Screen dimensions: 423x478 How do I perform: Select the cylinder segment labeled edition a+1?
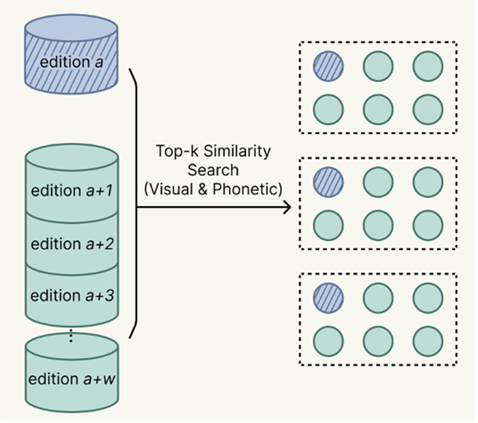[71, 190]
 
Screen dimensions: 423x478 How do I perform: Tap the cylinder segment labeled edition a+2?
[71, 244]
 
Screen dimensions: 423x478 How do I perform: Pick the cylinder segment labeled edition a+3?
[71, 296]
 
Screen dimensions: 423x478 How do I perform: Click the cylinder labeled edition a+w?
[71, 378]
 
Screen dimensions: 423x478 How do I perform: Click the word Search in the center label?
[213, 171]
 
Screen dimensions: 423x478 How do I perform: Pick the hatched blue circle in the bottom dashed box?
[328, 298]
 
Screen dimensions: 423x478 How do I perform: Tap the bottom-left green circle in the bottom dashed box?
[328, 341]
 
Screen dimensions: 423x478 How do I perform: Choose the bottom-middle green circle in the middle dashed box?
[378, 226]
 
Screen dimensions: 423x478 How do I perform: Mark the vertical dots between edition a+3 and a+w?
[71, 335]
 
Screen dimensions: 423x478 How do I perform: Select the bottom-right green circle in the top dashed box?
[428, 110]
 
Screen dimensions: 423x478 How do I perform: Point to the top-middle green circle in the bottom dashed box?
[378, 298]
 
